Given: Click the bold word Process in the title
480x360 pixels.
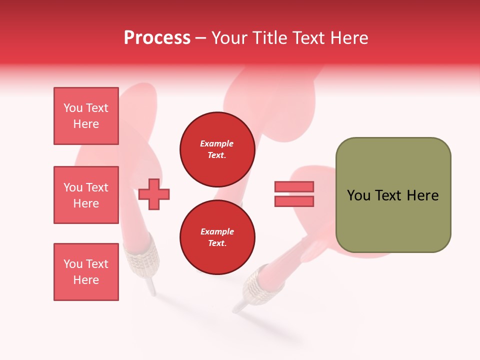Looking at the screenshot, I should click(x=157, y=38).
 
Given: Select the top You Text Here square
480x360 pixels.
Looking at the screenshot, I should click(x=86, y=116).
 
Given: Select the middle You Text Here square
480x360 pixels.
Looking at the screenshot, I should click(x=86, y=195).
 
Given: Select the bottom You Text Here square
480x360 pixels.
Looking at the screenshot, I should click(x=86, y=272).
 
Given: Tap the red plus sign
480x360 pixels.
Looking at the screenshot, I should click(x=154, y=194).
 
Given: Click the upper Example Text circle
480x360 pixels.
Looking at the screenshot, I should click(x=217, y=149).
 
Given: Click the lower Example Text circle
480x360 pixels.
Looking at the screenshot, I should click(x=217, y=237).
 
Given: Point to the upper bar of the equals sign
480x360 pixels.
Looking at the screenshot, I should click(x=294, y=186).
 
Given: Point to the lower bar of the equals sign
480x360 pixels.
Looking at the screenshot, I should click(x=294, y=201).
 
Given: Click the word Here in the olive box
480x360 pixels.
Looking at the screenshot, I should click(x=422, y=195).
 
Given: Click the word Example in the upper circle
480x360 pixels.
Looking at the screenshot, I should click(x=216, y=143).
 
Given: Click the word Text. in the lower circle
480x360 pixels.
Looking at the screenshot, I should click(x=217, y=243).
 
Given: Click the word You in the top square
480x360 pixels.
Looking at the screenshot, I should click(x=73, y=108).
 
